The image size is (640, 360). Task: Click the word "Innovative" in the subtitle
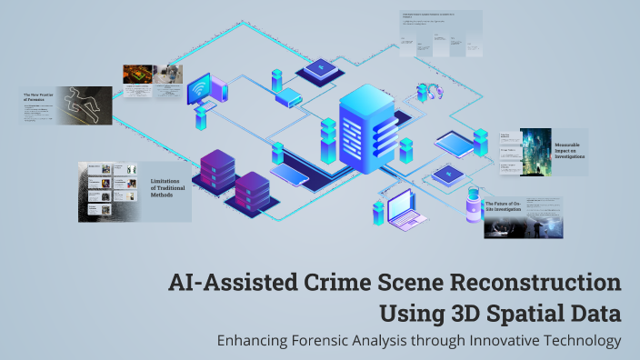click(504, 341)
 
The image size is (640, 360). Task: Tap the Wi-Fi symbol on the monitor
click(198, 91)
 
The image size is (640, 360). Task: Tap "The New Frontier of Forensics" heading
click(40, 96)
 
